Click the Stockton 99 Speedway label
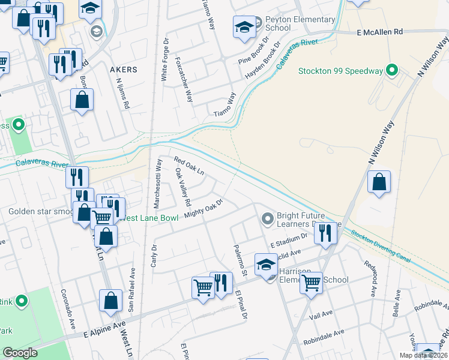pos(340,71)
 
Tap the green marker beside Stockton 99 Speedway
pos(393,71)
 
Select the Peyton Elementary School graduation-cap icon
pos(244,27)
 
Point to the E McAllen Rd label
pos(379,31)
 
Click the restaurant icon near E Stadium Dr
pos(325,233)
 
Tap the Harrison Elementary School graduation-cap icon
pos(267,264)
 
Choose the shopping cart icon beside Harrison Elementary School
pos(311,282)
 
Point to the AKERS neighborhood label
pos(123,70)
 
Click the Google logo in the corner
pos(20,352)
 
